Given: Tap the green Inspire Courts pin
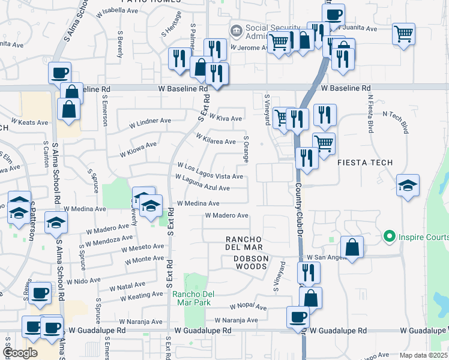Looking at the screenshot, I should point(388,235).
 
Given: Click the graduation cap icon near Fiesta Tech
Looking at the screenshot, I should point(408,185).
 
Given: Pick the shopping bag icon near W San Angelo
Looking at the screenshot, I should point(352,247).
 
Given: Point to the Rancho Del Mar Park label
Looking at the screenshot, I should point(194,298).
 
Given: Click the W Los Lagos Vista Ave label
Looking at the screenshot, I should point(209,172).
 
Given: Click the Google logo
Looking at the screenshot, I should point(19,353).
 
